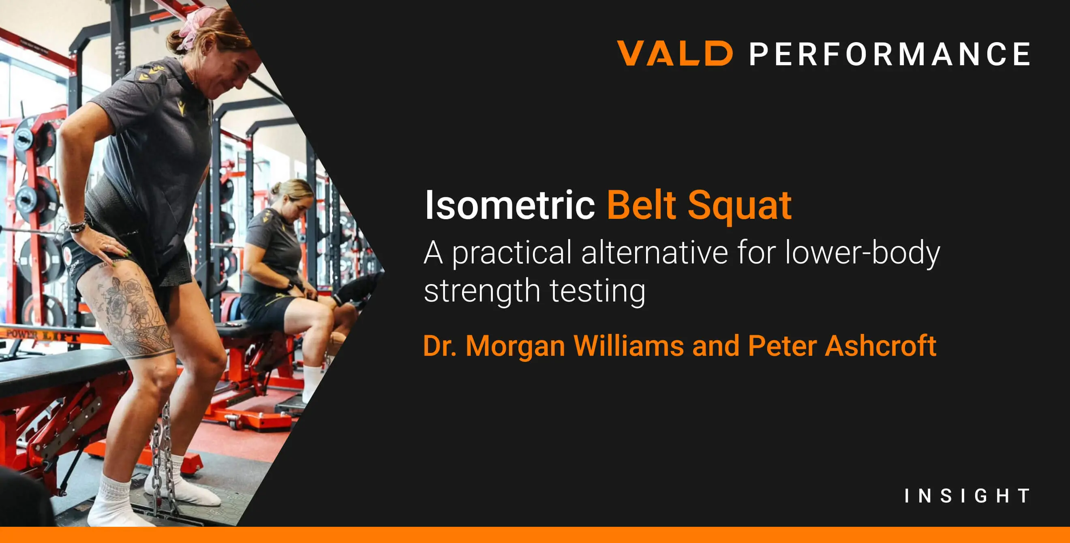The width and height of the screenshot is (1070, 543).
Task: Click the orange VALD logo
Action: point(674,53)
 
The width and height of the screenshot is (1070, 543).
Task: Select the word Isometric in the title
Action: point(509,205)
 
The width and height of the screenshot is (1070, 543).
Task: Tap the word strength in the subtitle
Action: point(482,290)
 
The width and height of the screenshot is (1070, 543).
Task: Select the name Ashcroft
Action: point(880,346)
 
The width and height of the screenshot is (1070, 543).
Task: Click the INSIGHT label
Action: point(967,496)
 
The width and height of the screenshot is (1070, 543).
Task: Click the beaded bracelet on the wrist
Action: point(77,226)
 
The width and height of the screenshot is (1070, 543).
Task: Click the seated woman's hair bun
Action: point(277,188)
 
